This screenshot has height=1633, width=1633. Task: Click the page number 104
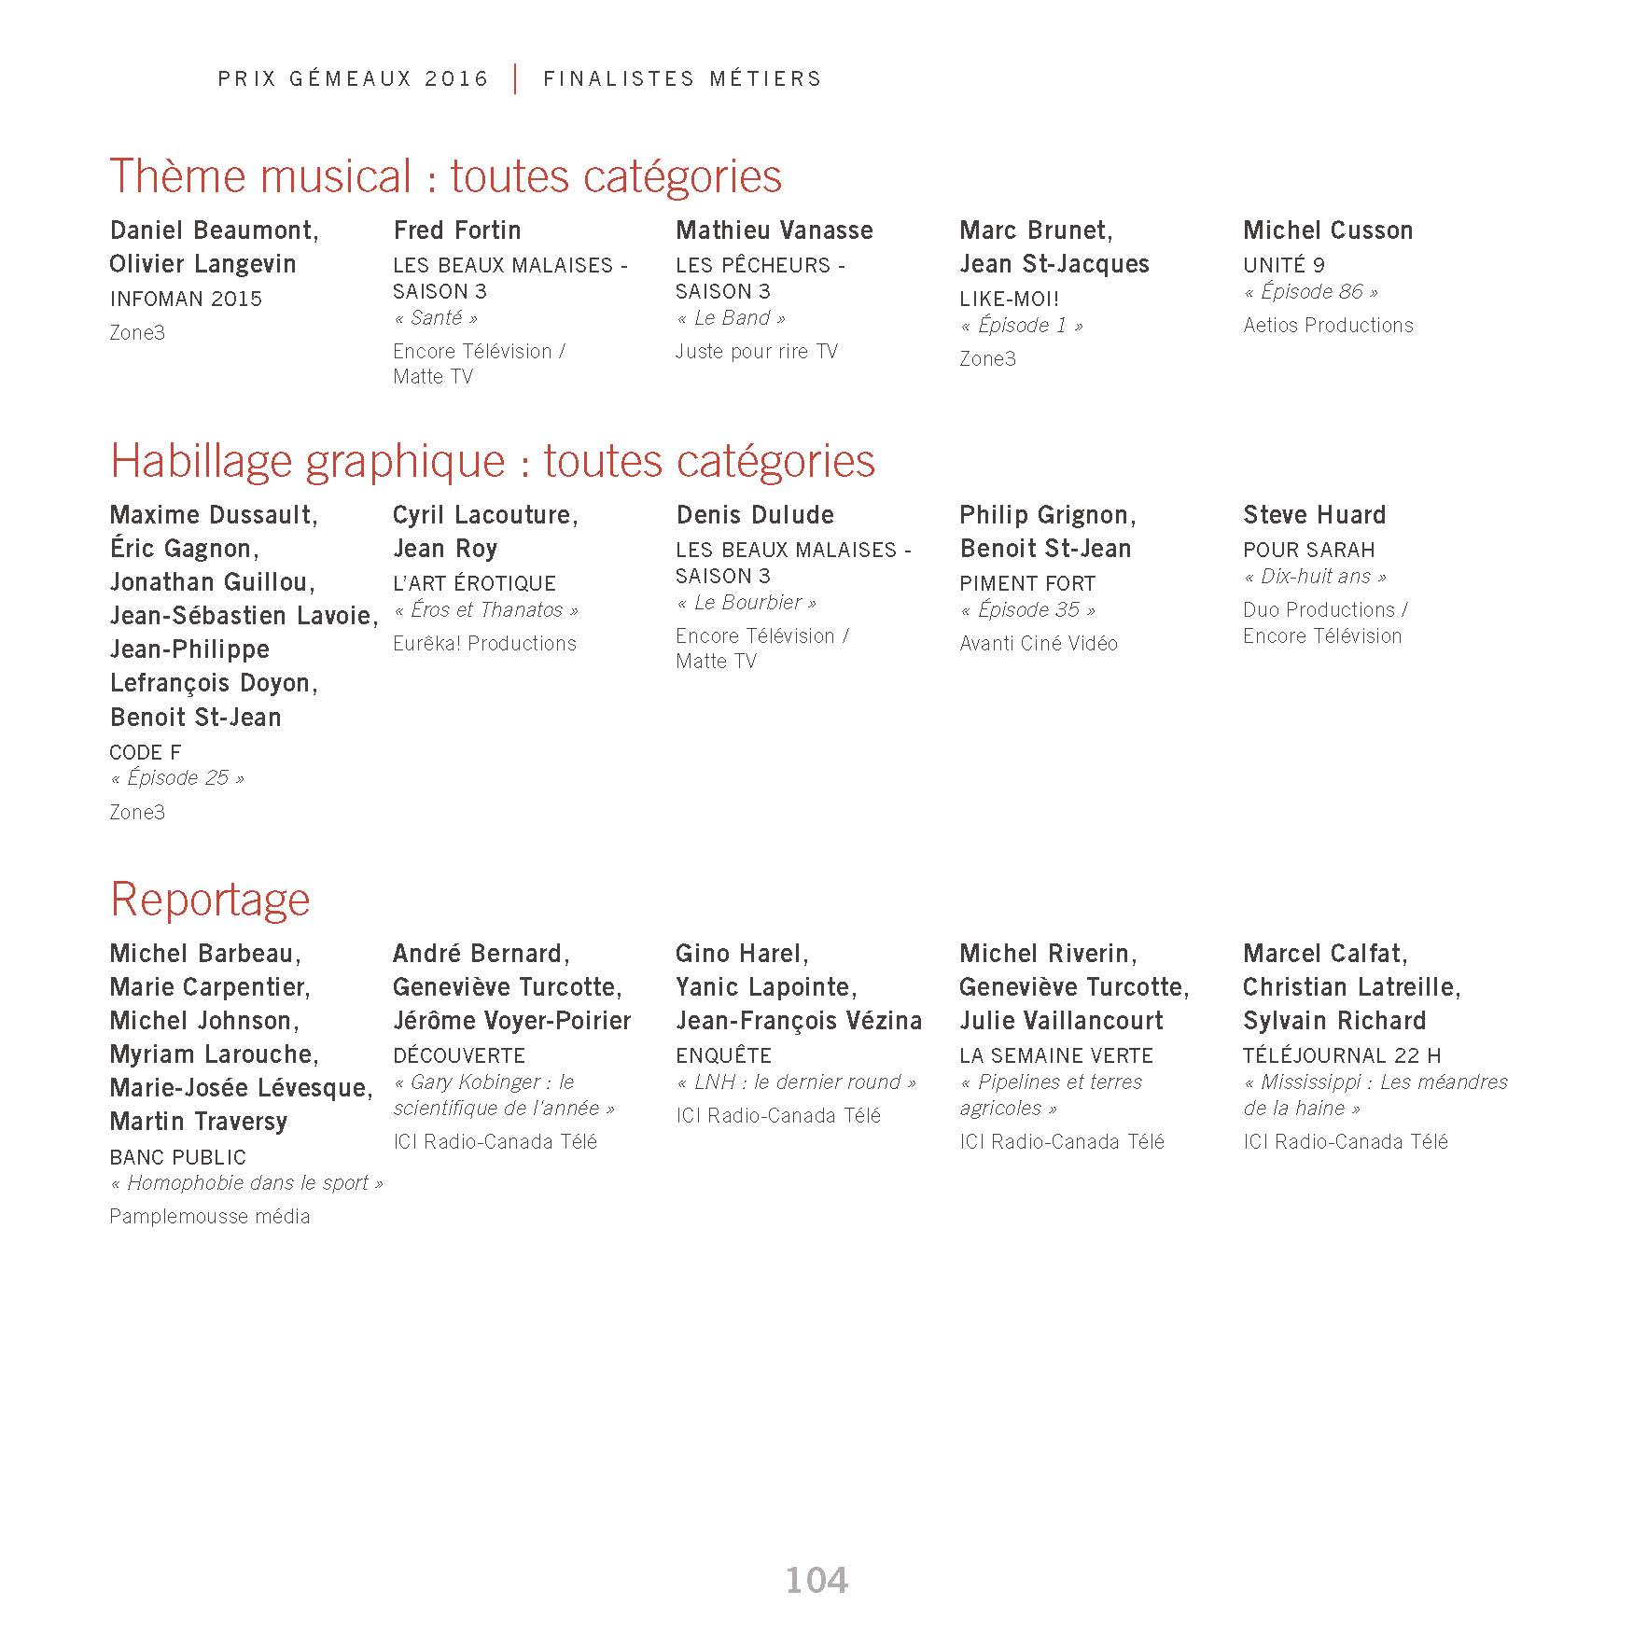tap(816, 1580)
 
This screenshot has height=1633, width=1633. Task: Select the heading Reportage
tap(210, 900)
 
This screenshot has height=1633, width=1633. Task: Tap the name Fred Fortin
tap(457, 230)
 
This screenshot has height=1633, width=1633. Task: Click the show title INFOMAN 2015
tap(186, 299)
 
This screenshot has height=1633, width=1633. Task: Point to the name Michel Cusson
tap(1328, 230)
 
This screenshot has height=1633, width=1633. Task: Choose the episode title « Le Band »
tap(731, 318)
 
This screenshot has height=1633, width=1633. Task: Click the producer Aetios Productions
tap(1328, 326)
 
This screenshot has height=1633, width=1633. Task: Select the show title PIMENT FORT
tap(1027, 584)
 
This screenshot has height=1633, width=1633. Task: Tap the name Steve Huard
tap(1314, 515)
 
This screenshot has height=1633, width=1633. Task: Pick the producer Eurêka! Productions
tap(484, 644)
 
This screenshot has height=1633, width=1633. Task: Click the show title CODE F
tap(146, 752)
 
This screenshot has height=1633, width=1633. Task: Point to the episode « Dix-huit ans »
tap(1315, 577)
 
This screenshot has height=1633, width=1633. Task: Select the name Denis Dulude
tap(755, 515)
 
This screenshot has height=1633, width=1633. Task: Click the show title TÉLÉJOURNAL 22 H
tap(1342, 1056)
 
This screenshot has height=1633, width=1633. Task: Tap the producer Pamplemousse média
tap(210, 1217)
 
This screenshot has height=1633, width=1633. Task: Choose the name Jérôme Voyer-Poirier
tap(511, 1021)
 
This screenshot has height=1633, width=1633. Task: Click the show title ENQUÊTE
tap(723, 1056)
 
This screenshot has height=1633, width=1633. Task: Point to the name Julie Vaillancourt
tap(1061, 1021)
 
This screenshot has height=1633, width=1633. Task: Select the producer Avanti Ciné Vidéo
tap(1039, 644)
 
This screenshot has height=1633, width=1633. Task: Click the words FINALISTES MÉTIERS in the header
tap(682, 79)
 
